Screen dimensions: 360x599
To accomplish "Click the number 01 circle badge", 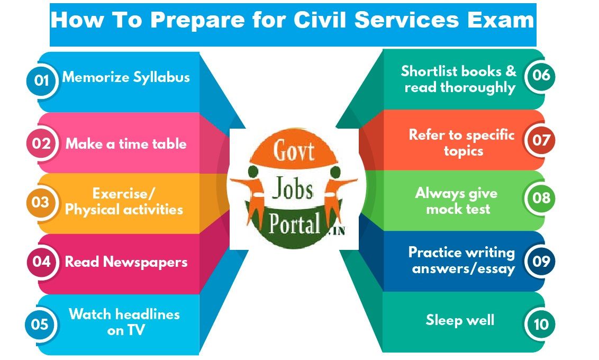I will click(41, 80).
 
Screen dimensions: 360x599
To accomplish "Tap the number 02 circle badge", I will click(41, 143).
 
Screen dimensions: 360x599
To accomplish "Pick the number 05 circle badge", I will click(40, 324).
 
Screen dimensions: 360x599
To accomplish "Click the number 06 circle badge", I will click(541, 75).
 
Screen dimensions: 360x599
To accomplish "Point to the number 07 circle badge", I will click(541, 141).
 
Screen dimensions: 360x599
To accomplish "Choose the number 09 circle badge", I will click(541, 261).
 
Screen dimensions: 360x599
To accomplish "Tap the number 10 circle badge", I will click(541, 324).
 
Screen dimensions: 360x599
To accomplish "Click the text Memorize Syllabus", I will click(126, 77).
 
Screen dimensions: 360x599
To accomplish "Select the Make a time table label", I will click(126, 143).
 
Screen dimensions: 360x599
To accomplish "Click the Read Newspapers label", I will click(126, 262).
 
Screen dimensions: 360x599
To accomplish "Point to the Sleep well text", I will click(460, 320).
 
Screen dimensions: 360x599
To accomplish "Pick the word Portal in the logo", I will click(294, 224).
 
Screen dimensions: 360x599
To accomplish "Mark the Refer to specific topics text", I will click(461, 142).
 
